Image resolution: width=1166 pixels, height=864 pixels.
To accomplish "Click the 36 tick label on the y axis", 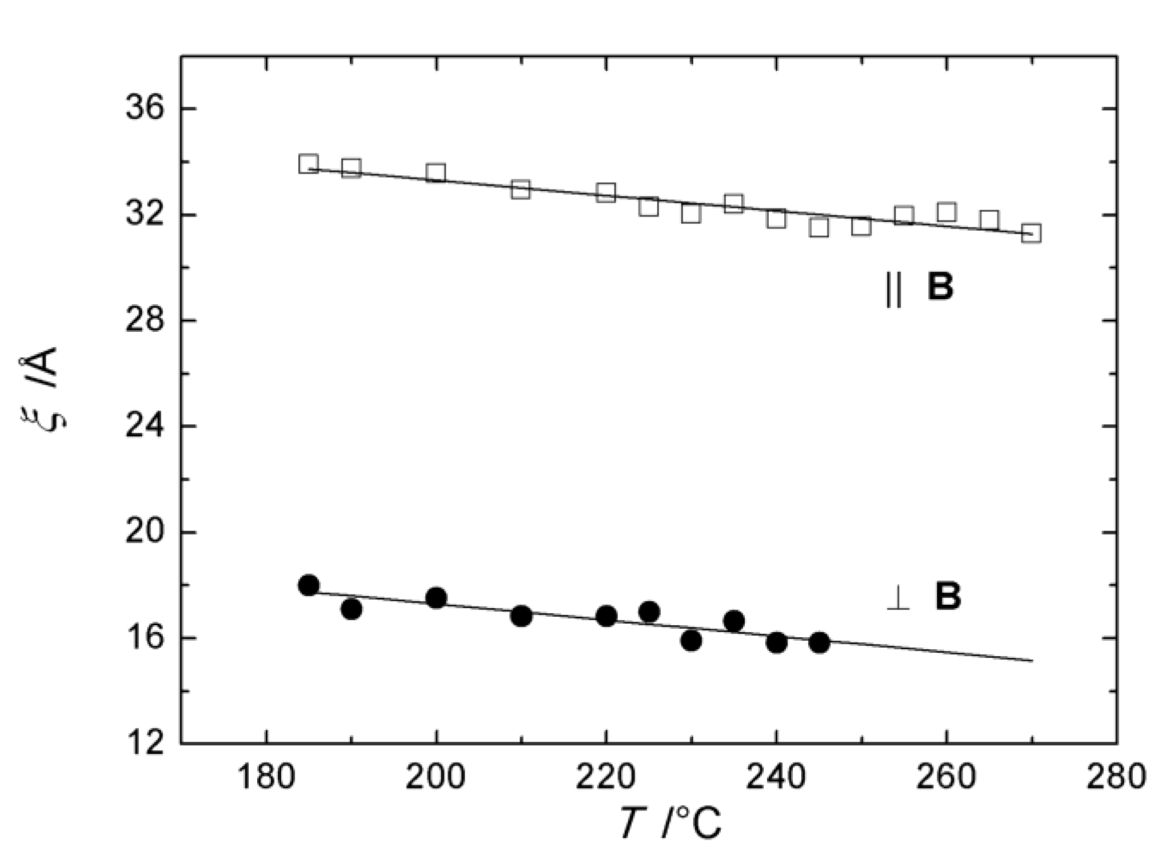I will [144, 108].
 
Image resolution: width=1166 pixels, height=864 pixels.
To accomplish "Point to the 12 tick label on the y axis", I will [144, 744].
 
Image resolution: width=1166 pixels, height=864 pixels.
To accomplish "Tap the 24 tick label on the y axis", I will [144, 426].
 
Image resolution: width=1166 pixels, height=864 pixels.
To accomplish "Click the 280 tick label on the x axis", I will [1116, 778].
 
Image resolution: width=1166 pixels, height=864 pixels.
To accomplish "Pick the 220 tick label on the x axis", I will [606, 778].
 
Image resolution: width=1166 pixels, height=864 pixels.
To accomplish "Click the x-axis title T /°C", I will [671, 823].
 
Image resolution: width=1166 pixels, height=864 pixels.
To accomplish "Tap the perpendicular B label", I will [924, 597].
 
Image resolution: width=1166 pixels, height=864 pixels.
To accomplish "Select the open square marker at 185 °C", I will [309, 164].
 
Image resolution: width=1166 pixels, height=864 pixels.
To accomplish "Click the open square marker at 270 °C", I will [1031, 233].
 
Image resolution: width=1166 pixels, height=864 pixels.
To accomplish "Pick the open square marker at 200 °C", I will [436, 172].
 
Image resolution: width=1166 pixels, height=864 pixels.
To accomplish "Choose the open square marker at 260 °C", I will [947, 212].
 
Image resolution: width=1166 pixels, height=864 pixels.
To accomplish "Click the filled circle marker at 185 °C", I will [309, 585].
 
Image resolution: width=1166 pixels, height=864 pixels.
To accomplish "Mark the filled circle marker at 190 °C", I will [351, 609].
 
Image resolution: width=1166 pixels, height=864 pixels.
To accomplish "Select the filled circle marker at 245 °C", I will [819, 643].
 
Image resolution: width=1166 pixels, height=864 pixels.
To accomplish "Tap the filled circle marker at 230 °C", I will [691, 641].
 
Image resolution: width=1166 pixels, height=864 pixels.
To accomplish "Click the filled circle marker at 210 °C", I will [521, 616].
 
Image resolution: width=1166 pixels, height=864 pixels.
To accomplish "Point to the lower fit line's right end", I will [1032, 661].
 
